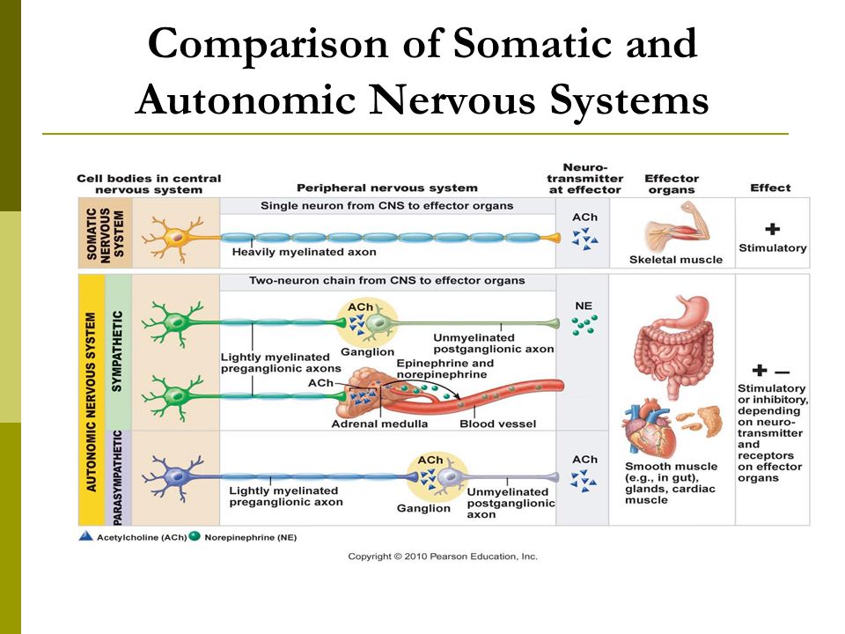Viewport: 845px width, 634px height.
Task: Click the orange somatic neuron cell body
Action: pyautogui.click(x=176, y=237)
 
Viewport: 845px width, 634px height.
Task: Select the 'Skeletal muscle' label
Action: pyautogui.click(x=676, y=259)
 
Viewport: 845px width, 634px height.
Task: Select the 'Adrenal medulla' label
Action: pyautogui.click(x=379, y=424)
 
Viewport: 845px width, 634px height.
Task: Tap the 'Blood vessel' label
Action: pyautogui.click(x=497, y=424)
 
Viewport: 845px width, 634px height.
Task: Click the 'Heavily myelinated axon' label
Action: pyautogui.click(x=304, y=252)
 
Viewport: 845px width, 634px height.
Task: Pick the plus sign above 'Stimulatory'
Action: pyautogui.click(x=772, y=229)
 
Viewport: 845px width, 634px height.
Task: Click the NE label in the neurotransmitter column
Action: pyautogui.click(x=584, y=306)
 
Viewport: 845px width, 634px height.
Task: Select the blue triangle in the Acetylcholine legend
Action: pyautogui.click(x=85, y=536)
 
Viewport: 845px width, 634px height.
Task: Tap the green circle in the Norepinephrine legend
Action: pyautogui.click(x=195, y=536)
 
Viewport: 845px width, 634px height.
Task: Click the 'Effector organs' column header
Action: pyautogui.click(x=672, y=184)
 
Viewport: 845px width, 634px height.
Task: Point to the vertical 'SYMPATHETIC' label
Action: pyautogui.click(x=117, y=351)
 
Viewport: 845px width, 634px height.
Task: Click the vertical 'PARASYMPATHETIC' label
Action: pyautogui.click(x=117, y=477)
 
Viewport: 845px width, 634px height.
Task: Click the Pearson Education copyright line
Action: pyautogui.click(x=443, y=557)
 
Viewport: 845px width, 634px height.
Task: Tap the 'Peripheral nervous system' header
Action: pyautogui.click(x=387, y=188)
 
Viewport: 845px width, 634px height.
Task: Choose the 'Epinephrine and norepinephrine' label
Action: pyautogui.click(x=445, y=369)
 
